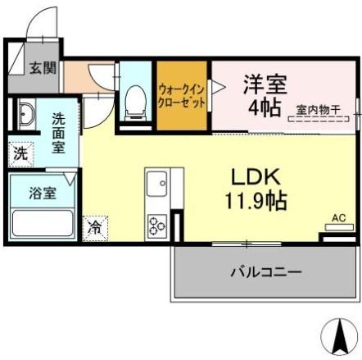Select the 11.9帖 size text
coord(255,199)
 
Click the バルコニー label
coord(265,271)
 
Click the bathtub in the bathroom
coord(43,222)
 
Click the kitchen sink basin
coord(156,185)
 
